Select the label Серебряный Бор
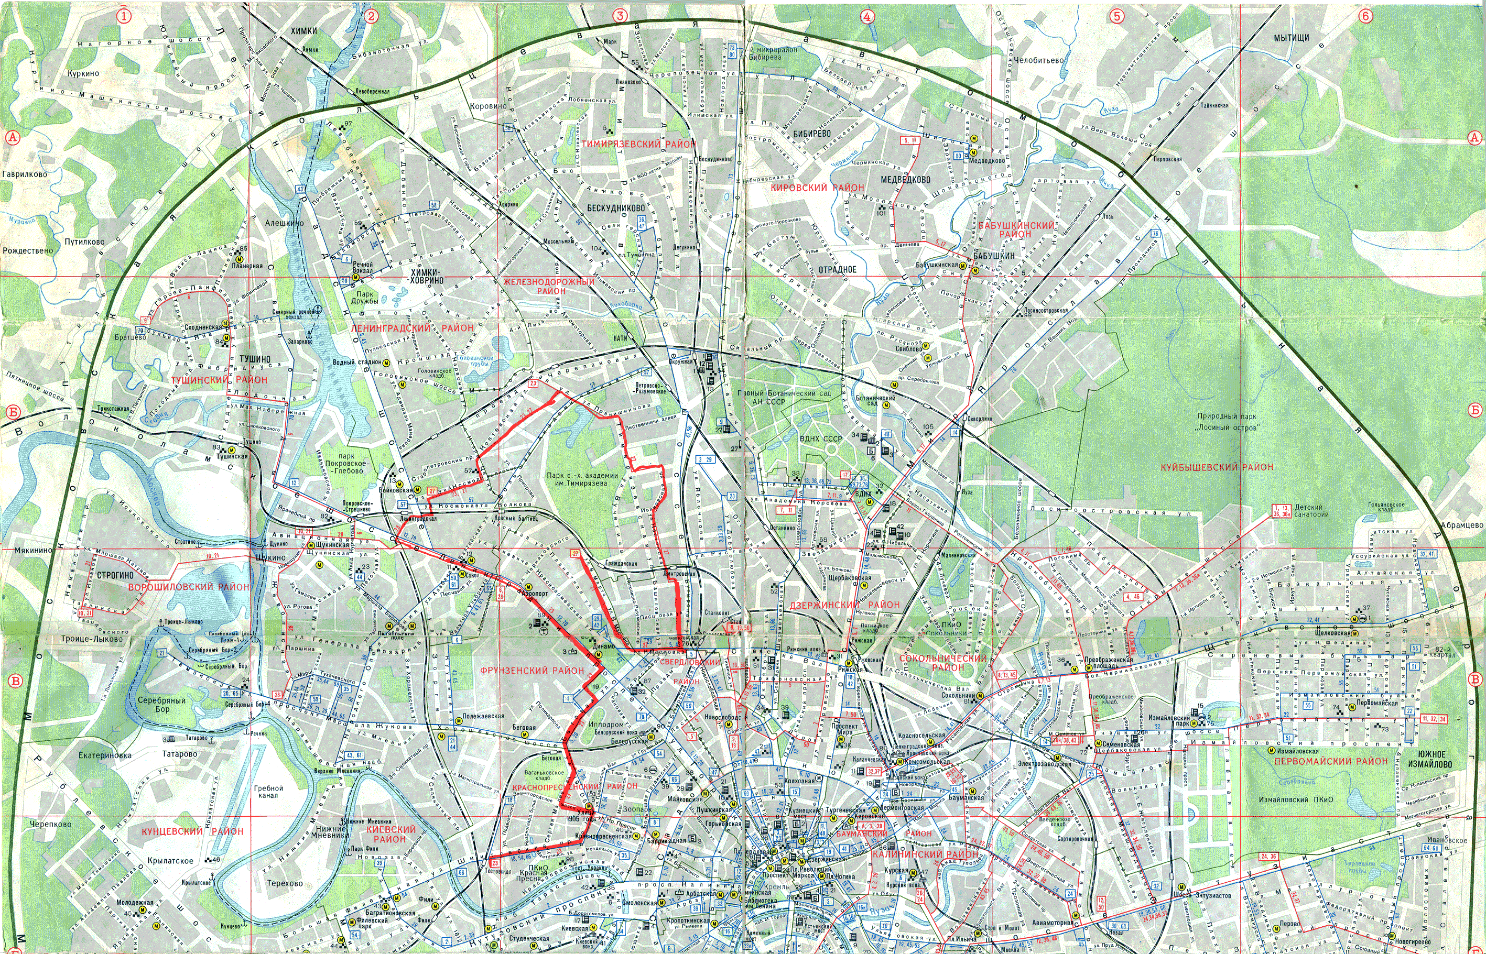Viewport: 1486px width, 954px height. click(x=162, y=704)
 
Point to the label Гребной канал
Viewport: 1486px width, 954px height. click(x=268, y=791)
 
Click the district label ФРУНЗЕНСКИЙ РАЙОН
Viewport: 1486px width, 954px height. click(x=532, y=670)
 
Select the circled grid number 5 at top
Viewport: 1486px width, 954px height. click(x=1116, y=16)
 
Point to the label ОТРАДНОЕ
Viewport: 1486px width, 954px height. click(x=837, y=269)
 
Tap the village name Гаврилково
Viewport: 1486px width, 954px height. click(x=24, y=174)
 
